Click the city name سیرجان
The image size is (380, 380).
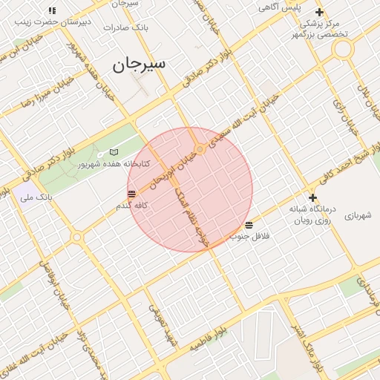140,65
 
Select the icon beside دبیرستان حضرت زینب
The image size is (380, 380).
52,10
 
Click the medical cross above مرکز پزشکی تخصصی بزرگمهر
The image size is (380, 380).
319,12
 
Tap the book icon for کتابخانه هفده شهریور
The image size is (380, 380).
114,151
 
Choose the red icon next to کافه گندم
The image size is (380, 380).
131,194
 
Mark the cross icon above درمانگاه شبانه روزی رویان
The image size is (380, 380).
313,197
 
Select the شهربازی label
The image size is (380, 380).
357,215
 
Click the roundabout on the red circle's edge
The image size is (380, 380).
199,150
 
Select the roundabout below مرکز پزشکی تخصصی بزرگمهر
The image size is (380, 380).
342,50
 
